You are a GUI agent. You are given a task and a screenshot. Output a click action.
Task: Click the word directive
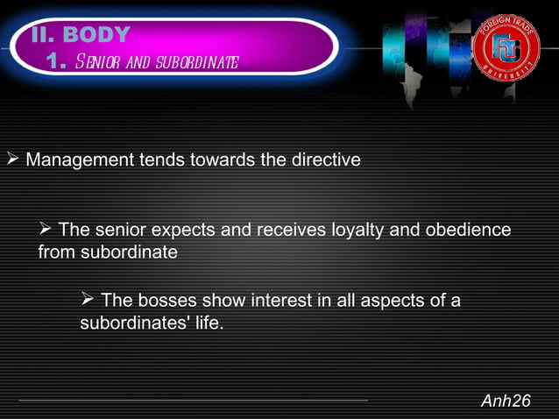(x=329, y=160)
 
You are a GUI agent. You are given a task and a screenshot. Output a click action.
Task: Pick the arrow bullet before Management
(x=12, y=160)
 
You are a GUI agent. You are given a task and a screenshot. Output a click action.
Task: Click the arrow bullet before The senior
(x=46, y=230)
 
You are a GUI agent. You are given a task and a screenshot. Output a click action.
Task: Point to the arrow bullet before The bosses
(x=88, y=302)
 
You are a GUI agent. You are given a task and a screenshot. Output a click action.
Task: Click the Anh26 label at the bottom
(x=506, y=401)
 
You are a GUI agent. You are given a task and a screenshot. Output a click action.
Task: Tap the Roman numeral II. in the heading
(x=43, y=36)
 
